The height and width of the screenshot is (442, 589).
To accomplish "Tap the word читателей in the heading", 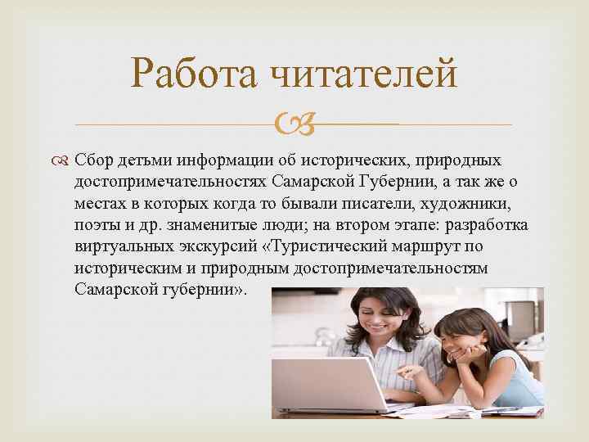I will coord(363,76).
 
